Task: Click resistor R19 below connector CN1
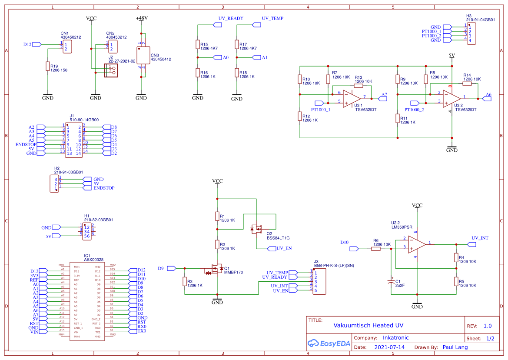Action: point(47,66)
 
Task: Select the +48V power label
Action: point(142,18)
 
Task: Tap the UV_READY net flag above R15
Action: point(217,25)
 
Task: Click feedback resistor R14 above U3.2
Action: point(467,83)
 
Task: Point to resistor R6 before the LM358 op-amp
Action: point(376,249)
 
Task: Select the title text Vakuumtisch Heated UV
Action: point(368,325)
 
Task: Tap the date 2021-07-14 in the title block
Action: point(389,347)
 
